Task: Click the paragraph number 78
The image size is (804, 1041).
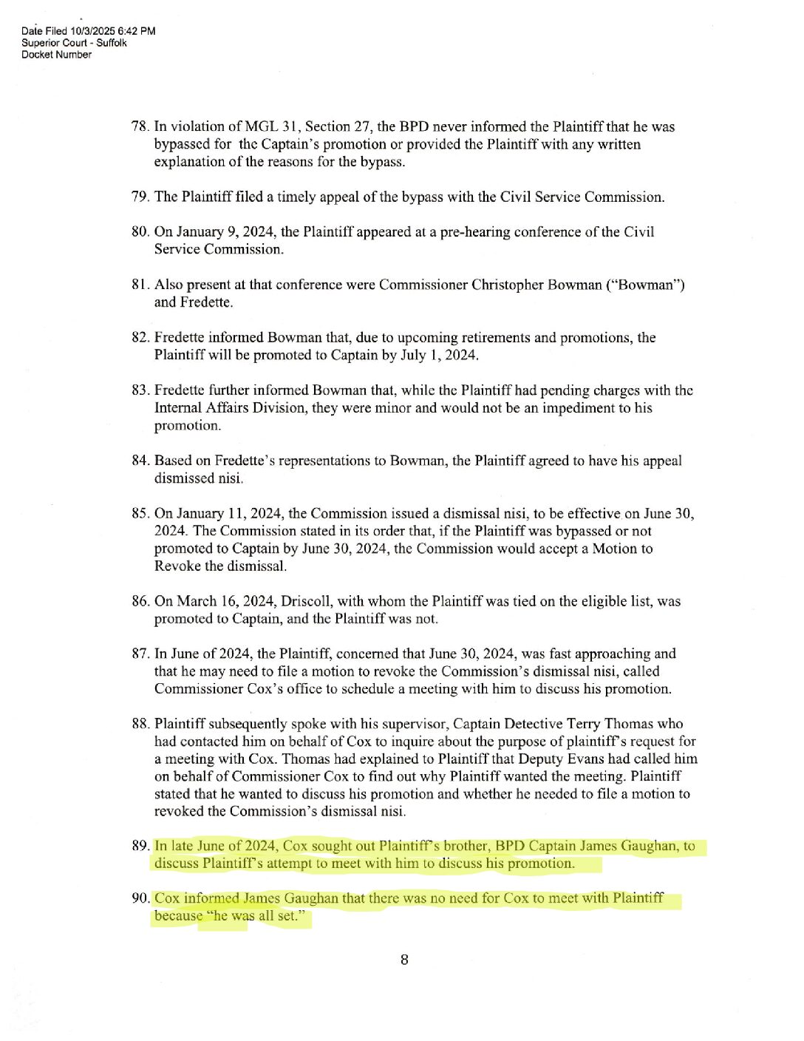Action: coord(140,126)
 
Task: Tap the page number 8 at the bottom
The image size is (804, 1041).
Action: coord(404,960)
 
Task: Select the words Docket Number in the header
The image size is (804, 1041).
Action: coord(56,55)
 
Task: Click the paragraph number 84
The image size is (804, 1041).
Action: coord(140,461)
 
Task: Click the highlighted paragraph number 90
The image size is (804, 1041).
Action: coord(140,898)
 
